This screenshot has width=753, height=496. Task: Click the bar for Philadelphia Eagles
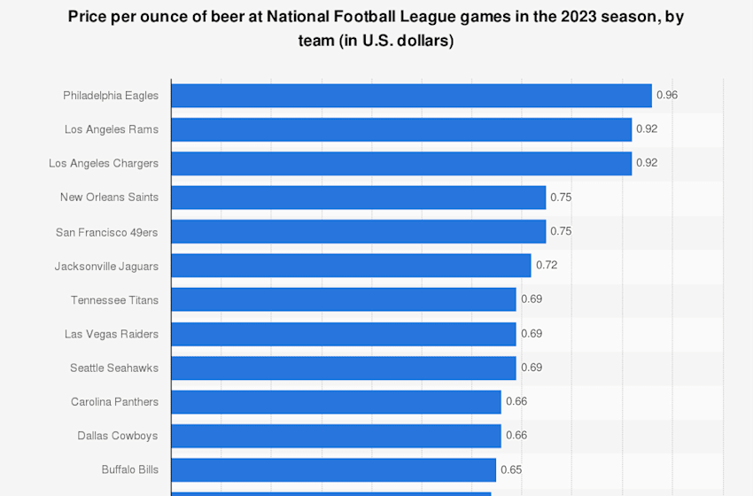411,96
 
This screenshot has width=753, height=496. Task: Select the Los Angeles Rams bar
401,129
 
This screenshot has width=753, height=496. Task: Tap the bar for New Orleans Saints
358,198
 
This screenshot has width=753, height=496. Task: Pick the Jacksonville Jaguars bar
351,266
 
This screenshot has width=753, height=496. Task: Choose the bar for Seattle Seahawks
343,368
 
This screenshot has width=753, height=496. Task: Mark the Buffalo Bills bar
333,469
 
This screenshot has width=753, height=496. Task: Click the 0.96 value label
666,95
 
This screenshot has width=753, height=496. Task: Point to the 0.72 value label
546,265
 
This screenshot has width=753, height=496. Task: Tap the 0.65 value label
511,469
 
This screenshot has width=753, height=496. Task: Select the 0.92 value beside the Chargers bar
647,163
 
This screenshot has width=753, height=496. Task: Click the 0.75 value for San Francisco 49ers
561,231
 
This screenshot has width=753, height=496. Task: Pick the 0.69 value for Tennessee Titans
531,299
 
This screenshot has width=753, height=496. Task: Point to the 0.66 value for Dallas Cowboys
516,436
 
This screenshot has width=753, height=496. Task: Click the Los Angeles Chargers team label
104,164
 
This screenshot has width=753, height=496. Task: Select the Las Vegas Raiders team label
112,334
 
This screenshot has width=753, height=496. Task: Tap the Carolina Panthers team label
114,402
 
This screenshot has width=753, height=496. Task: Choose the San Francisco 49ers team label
107,232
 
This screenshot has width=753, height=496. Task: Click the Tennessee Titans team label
114,300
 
